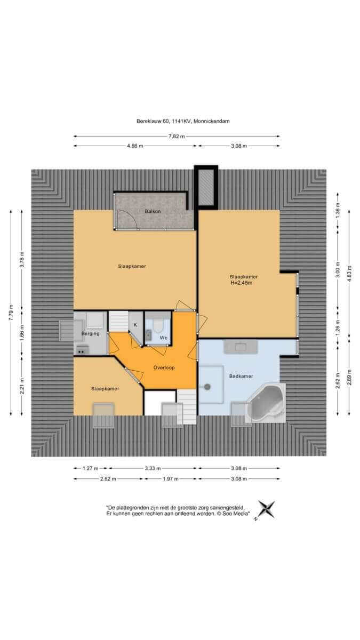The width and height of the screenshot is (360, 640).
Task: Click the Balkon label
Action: (153, 211)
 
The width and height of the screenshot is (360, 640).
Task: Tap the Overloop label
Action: (164, 367)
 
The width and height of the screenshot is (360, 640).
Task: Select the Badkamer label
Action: (241, 377)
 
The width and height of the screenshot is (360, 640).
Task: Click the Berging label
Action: (90, 334)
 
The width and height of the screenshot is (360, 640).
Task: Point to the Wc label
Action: (163, 338)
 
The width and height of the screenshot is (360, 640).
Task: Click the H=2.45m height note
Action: (242, 283)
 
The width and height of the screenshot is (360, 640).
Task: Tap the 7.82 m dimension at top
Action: (177, 137)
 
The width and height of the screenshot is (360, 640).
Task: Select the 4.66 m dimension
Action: (135, 146)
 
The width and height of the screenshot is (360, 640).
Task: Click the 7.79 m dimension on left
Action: (11, 313)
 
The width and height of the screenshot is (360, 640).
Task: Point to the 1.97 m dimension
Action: (171, 479)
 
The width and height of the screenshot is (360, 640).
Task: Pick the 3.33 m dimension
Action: (153, 468)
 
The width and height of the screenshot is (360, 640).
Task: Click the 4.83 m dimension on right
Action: (349, 274)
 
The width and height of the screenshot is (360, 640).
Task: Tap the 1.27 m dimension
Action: (91, 468)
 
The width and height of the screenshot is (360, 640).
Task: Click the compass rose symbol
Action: (266, 510)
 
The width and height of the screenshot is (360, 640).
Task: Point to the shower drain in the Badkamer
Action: (207, 387)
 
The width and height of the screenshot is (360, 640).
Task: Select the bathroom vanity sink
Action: (241, 347)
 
